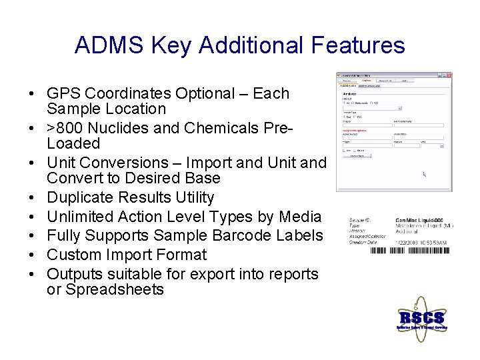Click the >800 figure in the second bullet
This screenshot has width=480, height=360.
click(x=65, y=128)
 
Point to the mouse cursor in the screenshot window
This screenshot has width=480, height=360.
click(x=425, y=174)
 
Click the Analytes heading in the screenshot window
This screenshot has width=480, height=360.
click(x=351, y=94)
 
